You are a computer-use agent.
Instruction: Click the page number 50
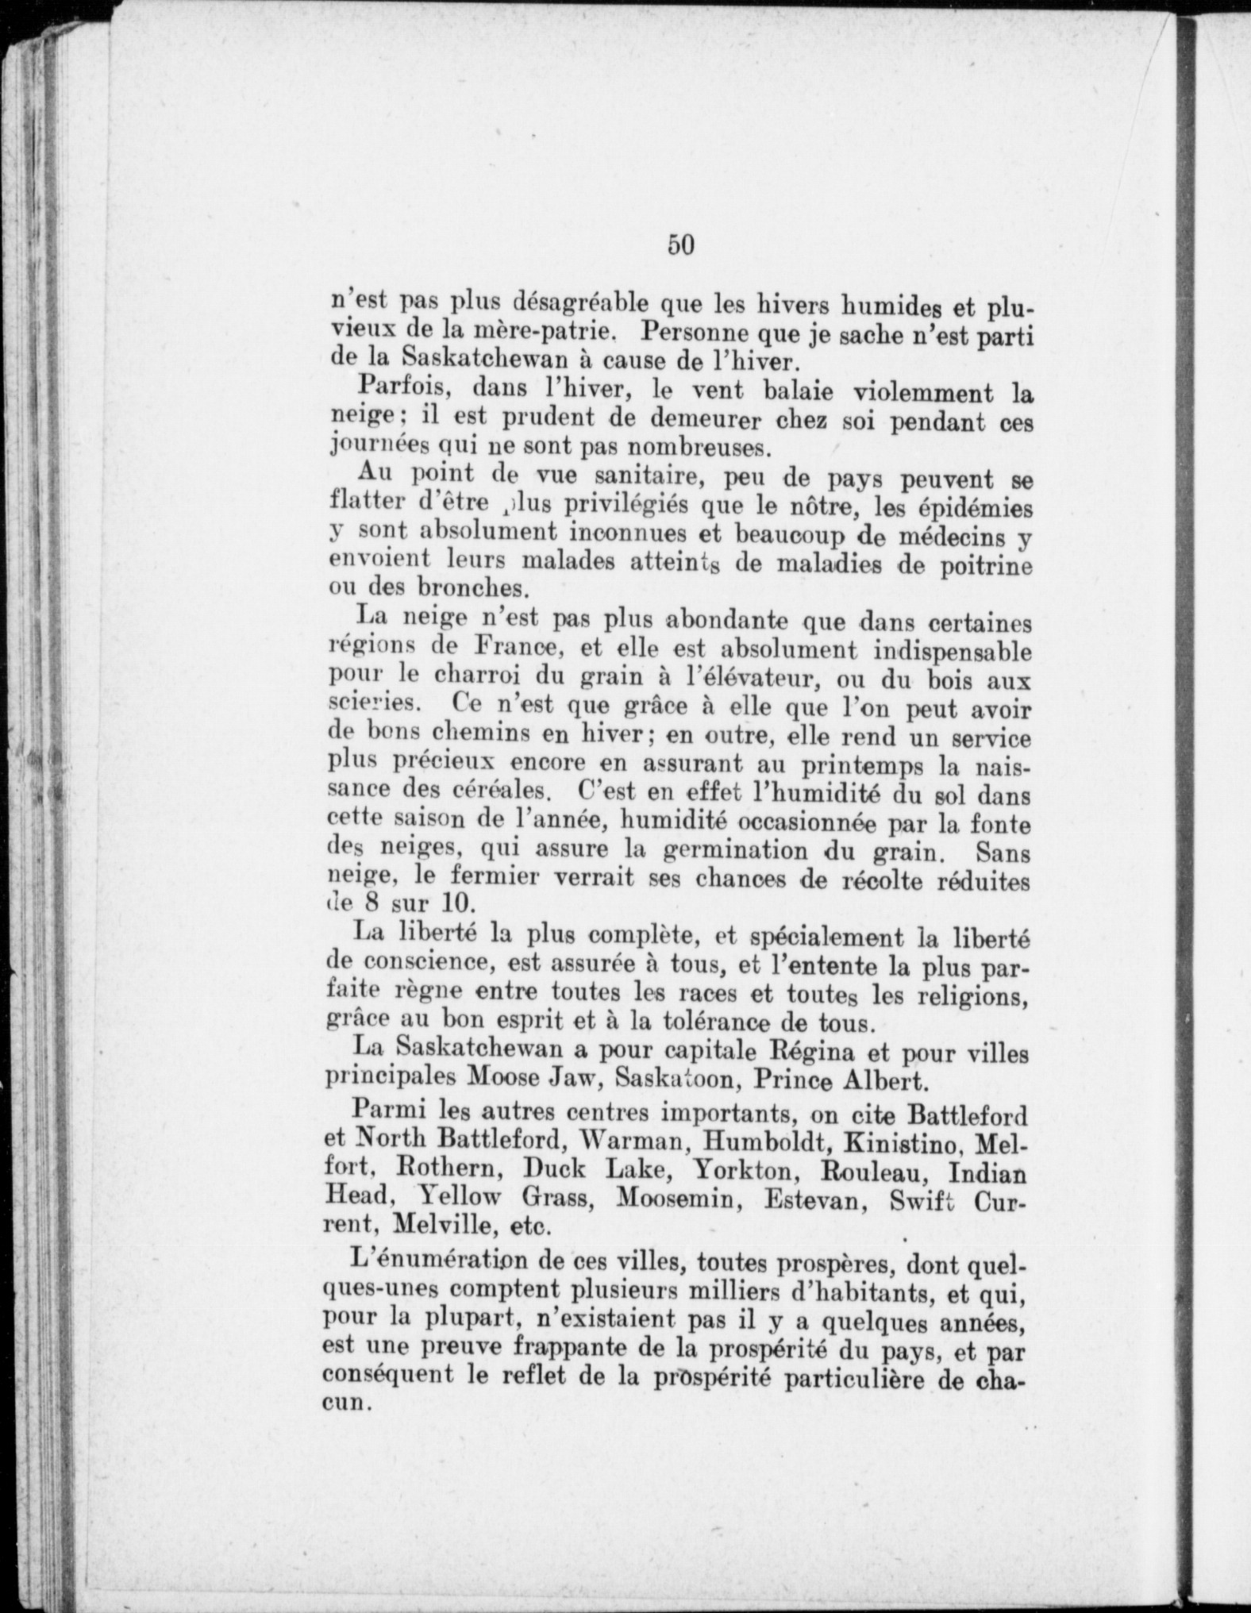(x=681, y=245)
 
